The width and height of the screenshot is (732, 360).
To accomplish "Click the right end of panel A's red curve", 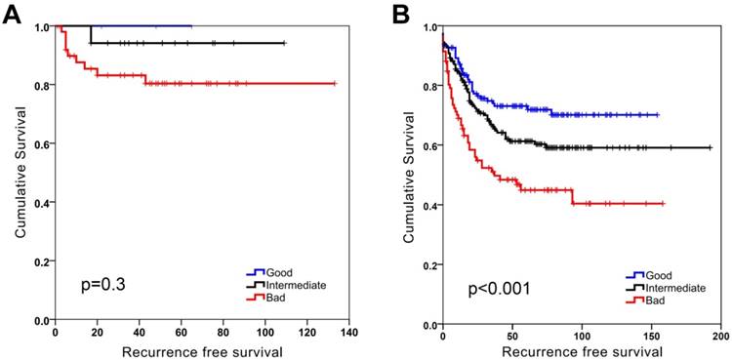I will (x=335, y=84).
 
